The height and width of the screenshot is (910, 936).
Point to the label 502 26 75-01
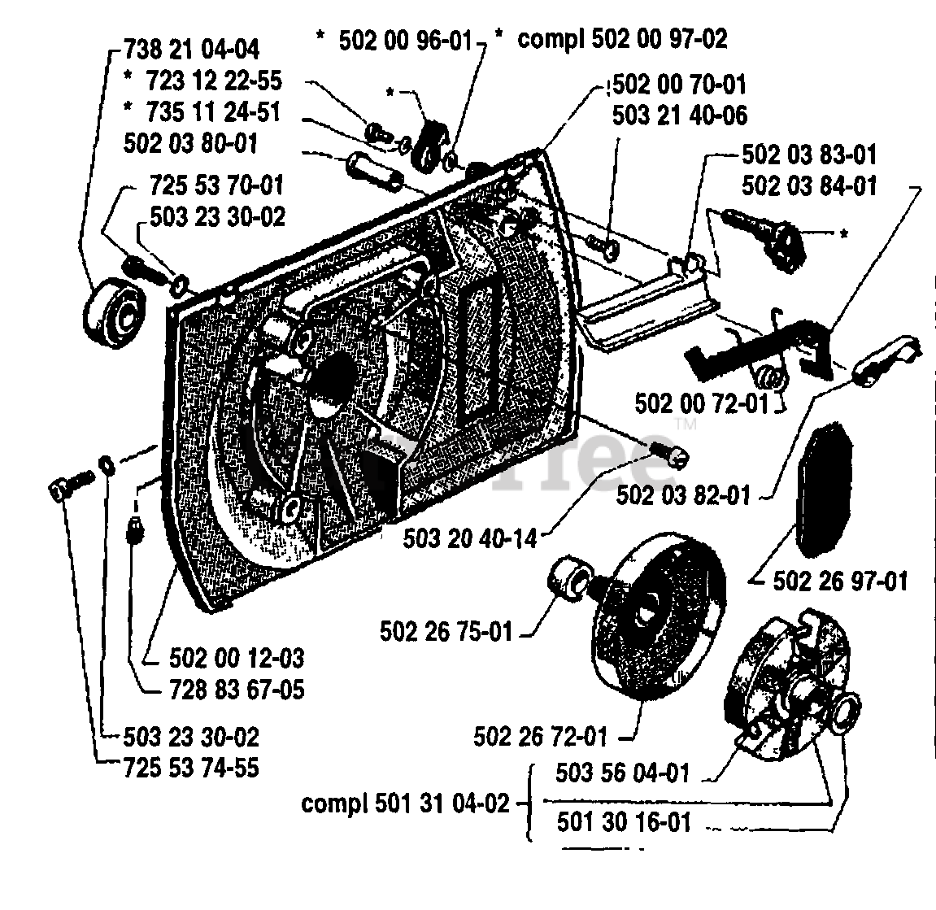click(x=446, y=632)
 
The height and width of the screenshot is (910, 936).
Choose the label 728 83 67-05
click(x=226, y=690)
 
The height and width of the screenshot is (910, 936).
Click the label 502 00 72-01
click(x=703, y=403)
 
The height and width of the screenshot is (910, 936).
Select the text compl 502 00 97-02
click(x=622, y=38)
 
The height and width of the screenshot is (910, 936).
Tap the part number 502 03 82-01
click(x=683, y=494)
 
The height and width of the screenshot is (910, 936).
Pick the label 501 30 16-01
click(x=624, y=822)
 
